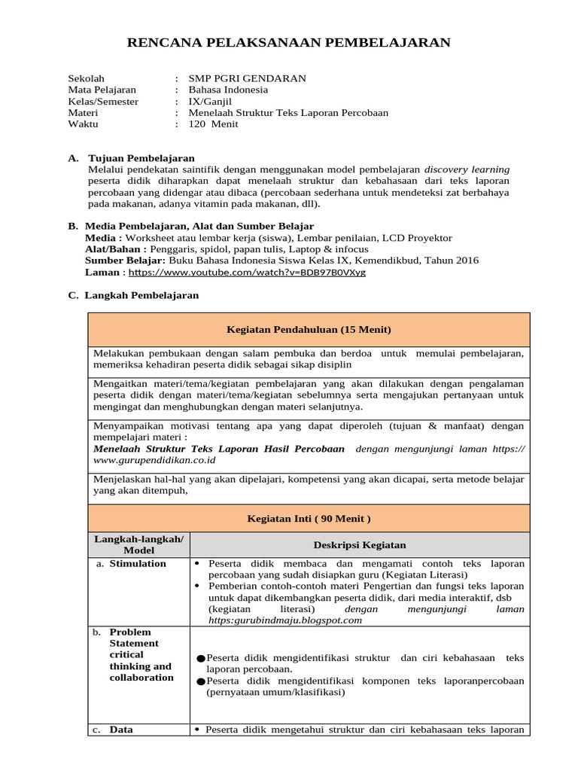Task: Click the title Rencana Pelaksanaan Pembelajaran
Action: point(289,43)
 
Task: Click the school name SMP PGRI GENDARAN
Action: point(236,78)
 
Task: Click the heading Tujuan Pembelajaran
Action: point(141,158)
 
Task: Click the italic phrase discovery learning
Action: point(467,169)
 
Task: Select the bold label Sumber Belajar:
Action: point(125,261)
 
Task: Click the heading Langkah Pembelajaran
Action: point(141,295)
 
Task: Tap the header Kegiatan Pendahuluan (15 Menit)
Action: point(309,330)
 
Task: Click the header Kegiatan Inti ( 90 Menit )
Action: point(309,519)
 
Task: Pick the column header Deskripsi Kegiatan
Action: point(360,544)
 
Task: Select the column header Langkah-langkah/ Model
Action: point(138,544)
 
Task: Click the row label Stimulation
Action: point(138,563)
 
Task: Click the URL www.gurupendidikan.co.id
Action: point(154,459)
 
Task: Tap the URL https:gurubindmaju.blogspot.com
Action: point(285,620)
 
